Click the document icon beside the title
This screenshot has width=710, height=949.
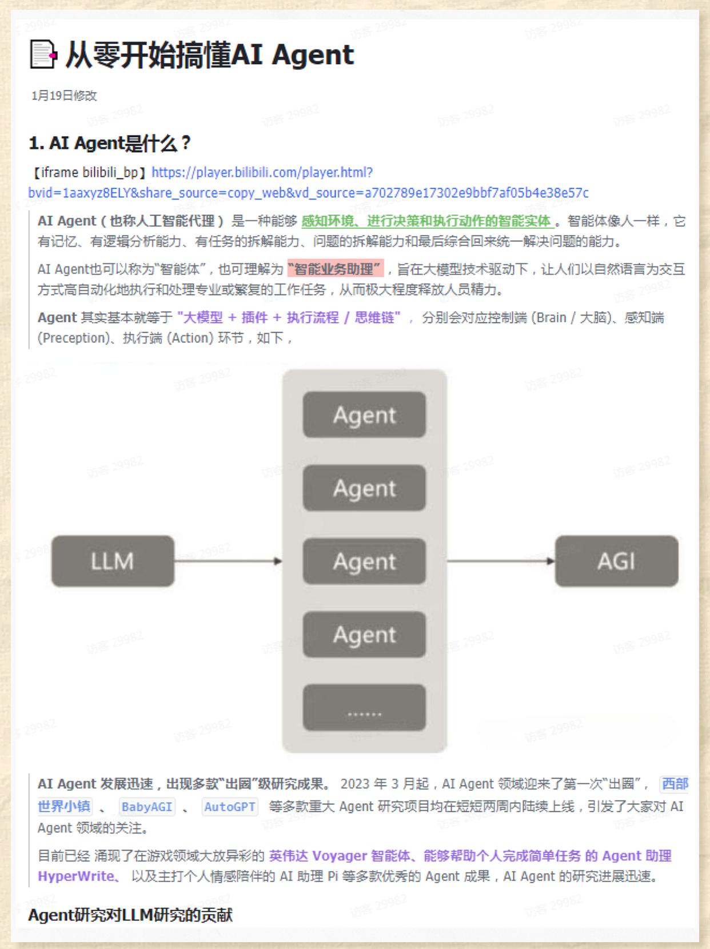(43, 55)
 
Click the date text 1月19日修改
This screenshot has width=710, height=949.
(64, 95)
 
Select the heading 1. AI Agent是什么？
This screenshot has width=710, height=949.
(110, 143)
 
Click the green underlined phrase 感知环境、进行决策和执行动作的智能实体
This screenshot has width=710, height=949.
(426, 221)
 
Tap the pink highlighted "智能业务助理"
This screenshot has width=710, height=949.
(335, 269)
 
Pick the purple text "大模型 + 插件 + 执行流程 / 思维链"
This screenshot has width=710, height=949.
(289, 317)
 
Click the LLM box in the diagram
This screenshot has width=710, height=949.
(113, 561)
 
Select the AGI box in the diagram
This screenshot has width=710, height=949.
(616, 561)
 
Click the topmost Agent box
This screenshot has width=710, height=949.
(364, 415)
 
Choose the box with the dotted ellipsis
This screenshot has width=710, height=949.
(364, 708)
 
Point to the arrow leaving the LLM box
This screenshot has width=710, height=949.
(228, 561)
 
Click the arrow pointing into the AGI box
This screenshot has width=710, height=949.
(500, 561)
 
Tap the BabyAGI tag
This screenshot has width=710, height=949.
(147, 807)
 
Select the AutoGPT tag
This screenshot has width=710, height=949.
(230, 807)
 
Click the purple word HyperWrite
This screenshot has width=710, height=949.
(75, 876)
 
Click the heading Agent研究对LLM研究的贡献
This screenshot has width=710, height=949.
(130, 915)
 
